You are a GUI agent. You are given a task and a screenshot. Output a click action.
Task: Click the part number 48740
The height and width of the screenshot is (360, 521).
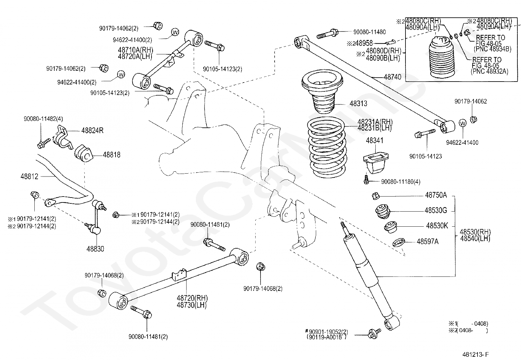[x=392, y=77]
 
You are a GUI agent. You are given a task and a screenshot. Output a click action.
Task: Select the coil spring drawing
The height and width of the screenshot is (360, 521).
[x=326, y=147]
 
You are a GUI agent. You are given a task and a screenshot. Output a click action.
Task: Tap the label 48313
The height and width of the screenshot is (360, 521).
[x=358, y=104]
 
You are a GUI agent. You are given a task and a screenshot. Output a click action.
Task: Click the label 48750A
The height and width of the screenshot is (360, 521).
[x=436, y=195]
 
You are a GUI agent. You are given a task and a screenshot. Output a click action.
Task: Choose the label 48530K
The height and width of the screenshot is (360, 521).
[x=437, y=226]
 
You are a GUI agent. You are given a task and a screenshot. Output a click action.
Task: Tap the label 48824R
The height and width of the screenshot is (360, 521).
[x=92, y=131]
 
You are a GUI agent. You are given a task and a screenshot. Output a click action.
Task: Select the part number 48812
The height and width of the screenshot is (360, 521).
[x=29, y=177]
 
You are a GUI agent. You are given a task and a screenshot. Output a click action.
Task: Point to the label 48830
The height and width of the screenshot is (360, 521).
[x=95, y=249]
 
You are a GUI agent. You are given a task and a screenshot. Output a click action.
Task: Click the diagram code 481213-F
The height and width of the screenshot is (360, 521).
[x=476, y=354]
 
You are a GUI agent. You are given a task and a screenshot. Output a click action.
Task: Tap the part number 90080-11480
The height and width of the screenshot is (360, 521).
[x=369, y=32]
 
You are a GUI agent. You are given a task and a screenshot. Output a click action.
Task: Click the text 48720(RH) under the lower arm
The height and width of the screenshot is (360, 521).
[x=192, y=298]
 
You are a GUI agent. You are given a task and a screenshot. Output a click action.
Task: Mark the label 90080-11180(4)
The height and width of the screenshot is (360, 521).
[x=401, y=181]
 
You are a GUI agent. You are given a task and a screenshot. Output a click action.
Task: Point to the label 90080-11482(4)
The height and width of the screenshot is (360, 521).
[x=43, y=119]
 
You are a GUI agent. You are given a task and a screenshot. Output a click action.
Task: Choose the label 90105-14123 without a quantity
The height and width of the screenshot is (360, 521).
[x=425, y=157]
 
